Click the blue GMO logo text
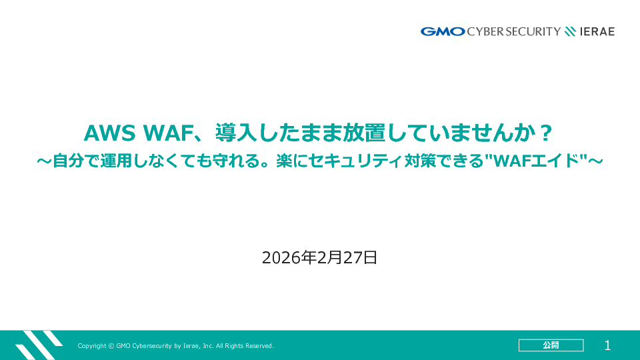[x=443, y=31]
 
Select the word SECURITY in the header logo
[x=533, y=31]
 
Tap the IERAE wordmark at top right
[x=597, y=31]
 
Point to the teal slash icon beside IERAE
[x=570, y=31]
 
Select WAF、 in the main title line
[x=173, y=133]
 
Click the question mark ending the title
[x=546, y=133]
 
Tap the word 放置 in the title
[x=364, y=133]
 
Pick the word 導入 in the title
[x=236, y=133]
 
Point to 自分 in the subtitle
[x=68, y=161]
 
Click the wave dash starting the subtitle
[x=44, y=161]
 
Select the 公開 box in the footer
[x=551, y=345]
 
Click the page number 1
[x=607, y=346]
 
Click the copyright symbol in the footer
[x=111, y=346]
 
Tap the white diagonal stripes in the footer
[x=39, y=345]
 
